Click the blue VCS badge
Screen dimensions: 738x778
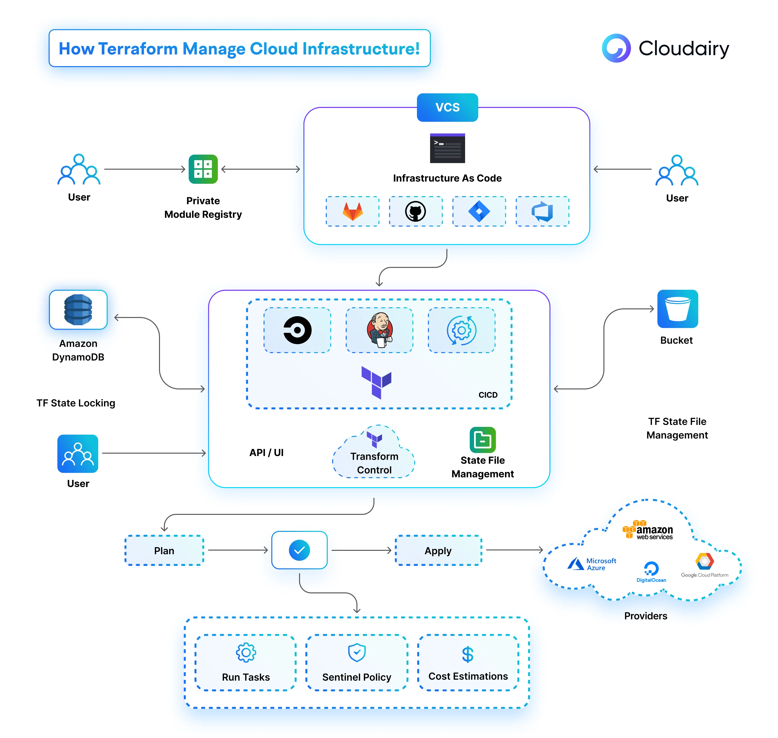[447, 107]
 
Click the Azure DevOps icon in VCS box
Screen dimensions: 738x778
[542, 212]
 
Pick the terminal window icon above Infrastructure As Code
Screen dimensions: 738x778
[447, 148]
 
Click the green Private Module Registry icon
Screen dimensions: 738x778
[203, 169]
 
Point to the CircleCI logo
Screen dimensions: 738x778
[298, 330]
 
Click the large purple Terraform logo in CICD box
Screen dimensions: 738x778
[376, 382]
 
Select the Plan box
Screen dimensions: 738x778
[164, 550]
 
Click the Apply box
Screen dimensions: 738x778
[438, 550]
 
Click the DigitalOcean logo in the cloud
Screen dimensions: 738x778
[651, 571]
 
